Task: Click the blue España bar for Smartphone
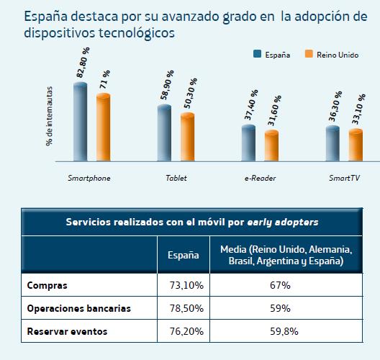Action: click(x=80, y=122)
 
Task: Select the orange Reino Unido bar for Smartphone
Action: click(x=103, y=128)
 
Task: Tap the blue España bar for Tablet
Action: click(x=164, y=134)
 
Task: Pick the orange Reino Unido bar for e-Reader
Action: click(x=271, y=146)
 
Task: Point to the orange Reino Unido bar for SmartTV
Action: click(x=356, y=145)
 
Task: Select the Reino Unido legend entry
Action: click(x=327, y=54)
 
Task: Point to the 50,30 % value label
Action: click(x=189, y=95)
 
